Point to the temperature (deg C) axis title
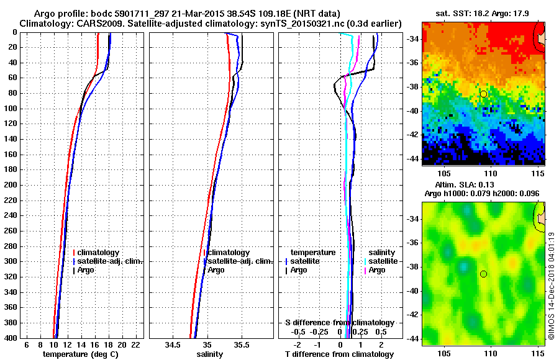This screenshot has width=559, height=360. coord(80,354)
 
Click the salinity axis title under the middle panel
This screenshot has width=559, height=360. coord(209,354)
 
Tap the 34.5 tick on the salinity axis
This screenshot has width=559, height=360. coord(173,344)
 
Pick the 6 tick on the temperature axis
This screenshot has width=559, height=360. coord(25,344)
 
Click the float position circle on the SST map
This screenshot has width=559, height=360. coord(484,94)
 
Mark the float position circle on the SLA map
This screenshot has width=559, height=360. coord(484,274)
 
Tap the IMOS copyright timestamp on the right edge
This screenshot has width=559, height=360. coord(551,286)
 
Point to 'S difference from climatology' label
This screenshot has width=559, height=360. coord(339,323)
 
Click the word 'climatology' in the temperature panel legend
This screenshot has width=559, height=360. coord(103,253)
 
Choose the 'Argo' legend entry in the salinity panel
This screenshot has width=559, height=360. coord(216,270)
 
